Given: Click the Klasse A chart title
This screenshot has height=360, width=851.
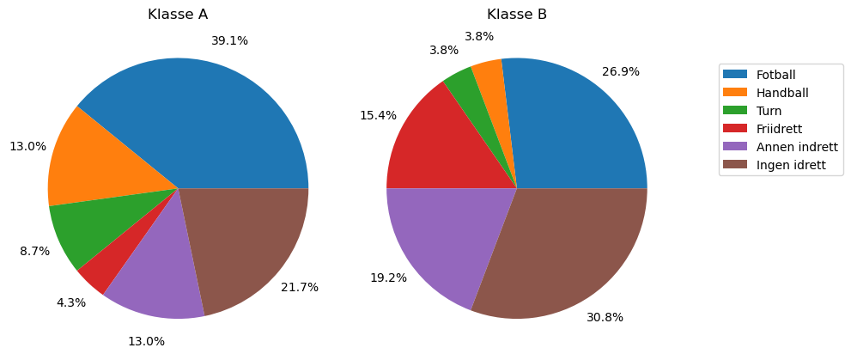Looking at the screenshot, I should click(x=178, y=15).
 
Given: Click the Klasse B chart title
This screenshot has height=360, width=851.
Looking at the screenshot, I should click(x=517, y=15).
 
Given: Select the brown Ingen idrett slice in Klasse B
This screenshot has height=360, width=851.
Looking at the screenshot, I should click(x=567, y=249).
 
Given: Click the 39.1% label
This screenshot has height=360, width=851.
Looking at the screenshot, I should click(x=229, y=40).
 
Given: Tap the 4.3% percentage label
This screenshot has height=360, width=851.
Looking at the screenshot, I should click(x=70, y=302).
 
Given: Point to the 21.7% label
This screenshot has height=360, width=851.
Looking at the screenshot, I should click(x=300, y=287).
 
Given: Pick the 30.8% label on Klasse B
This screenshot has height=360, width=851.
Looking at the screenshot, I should click(x=605, y=317).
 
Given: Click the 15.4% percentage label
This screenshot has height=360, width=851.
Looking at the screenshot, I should click(x=378, y=115).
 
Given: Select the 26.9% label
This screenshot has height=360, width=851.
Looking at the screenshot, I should click(x=621, y=71).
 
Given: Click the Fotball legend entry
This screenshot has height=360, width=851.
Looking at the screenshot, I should click(x=775, y=75).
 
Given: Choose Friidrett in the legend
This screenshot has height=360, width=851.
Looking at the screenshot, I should click(x=780, y=129).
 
